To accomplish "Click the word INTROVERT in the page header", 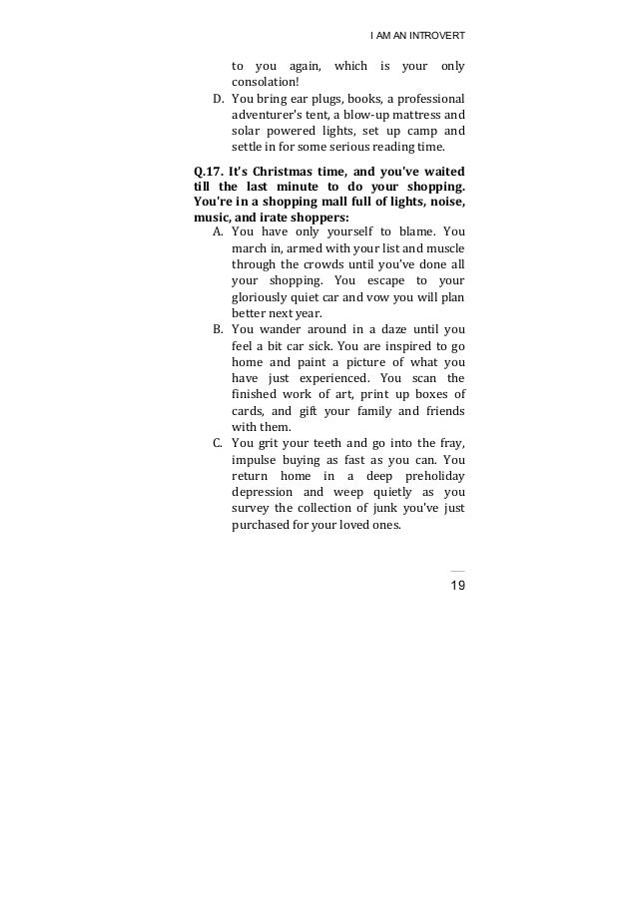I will (x=437, y=36).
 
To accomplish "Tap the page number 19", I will (x=457, y=585).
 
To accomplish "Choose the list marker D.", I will (x=219, y=99).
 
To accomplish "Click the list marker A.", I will (x=219, y=230).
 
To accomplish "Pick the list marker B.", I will (x=219, y=328).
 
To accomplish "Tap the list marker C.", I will (x=219, y=443).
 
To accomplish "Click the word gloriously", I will (x=264, y=296).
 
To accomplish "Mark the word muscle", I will (x=445, y=247).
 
